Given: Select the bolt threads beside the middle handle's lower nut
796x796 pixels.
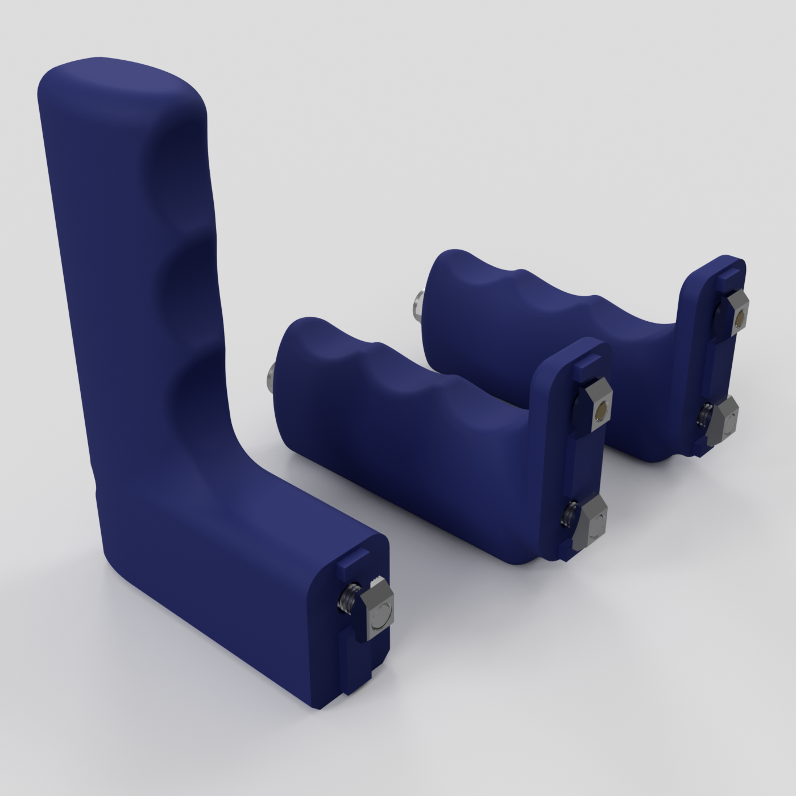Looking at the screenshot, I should pyautogui.click(x=569, y=515).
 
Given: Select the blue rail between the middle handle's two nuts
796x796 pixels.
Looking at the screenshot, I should pyautogui.click(x=582, y=461).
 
